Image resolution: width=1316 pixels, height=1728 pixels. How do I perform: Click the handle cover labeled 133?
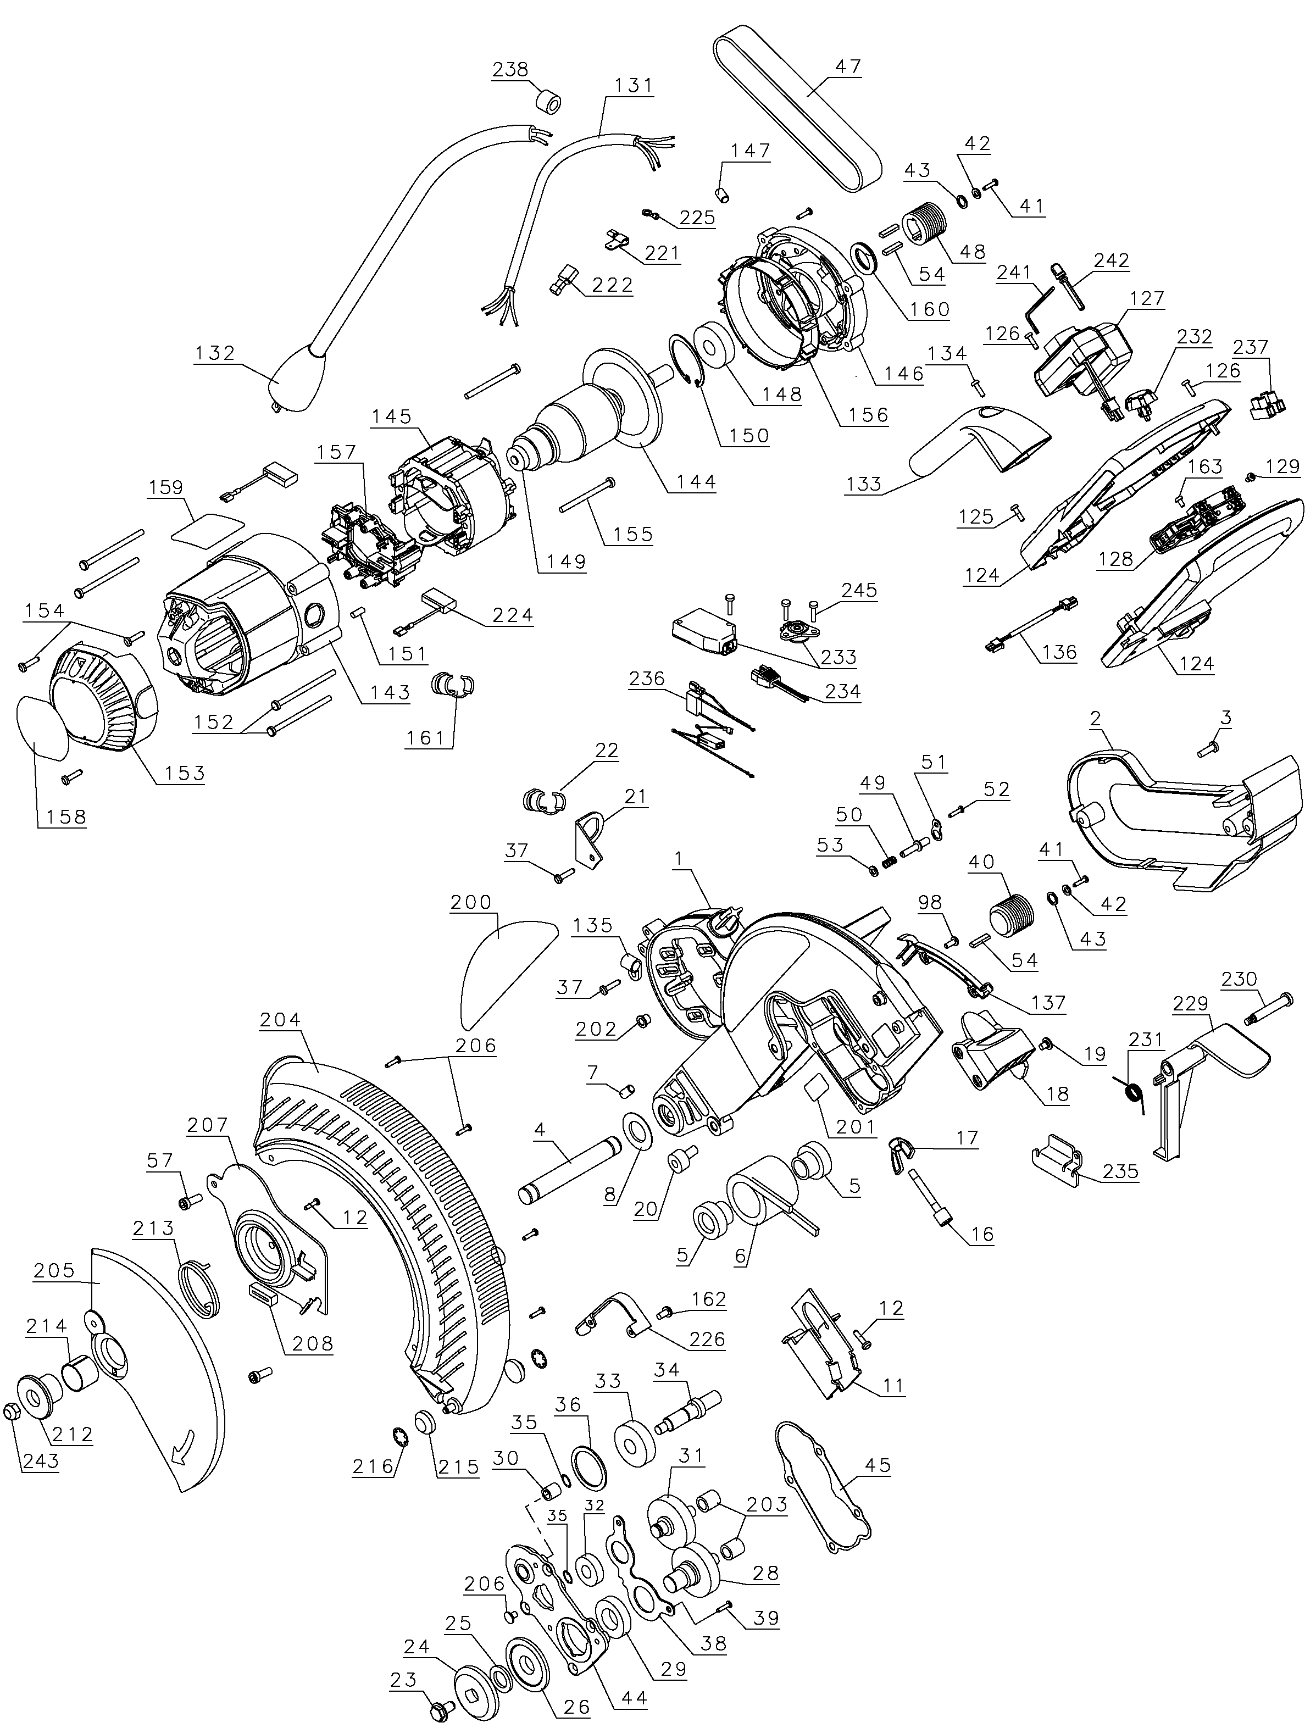pos(979,438)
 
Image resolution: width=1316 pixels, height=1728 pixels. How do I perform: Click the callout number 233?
pos(837,657)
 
